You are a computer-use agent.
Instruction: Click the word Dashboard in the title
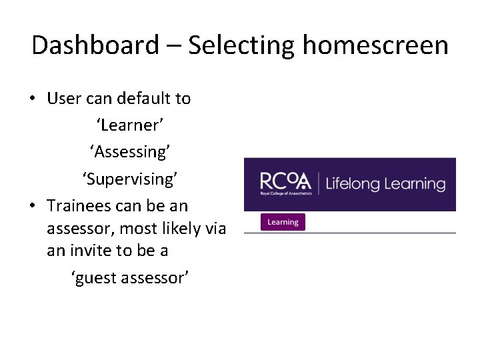coord(95,46)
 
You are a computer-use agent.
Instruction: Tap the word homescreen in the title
coord(375,46)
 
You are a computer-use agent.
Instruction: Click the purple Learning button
coord(283,222)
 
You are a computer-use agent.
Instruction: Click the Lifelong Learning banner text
coord(385,184)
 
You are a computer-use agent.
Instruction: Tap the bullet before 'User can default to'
coord(32,99)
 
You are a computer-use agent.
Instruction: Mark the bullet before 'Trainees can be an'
coord(32,206)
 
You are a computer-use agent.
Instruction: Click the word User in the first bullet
coord(64,99)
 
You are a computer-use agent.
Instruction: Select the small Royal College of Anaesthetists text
coord(285,194)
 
